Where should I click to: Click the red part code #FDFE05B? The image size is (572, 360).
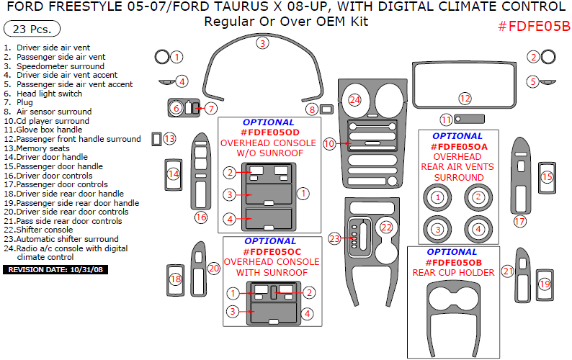pos(534,27)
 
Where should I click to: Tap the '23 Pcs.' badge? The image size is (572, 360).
pos(32,30)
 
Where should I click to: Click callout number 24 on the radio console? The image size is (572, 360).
pos(354,100)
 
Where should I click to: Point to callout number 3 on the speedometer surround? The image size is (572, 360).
pos(263,43)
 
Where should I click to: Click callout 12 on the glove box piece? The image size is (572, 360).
pos(465,98)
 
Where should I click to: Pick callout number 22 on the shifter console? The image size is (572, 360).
pos(387,227)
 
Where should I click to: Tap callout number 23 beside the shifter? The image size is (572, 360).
pos(334,238)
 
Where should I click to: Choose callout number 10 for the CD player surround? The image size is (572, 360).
pos(329,143)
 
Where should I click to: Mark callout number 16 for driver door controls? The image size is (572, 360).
pos(201,217)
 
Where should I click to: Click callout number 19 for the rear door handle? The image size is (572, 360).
pos(545,284)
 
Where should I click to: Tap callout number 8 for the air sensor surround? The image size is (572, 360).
pos(312,109)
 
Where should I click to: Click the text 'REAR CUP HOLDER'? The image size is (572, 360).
pos(453,273)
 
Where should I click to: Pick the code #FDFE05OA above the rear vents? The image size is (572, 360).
pos(460,146)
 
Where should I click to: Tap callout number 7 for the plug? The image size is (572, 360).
pos(210,109)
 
